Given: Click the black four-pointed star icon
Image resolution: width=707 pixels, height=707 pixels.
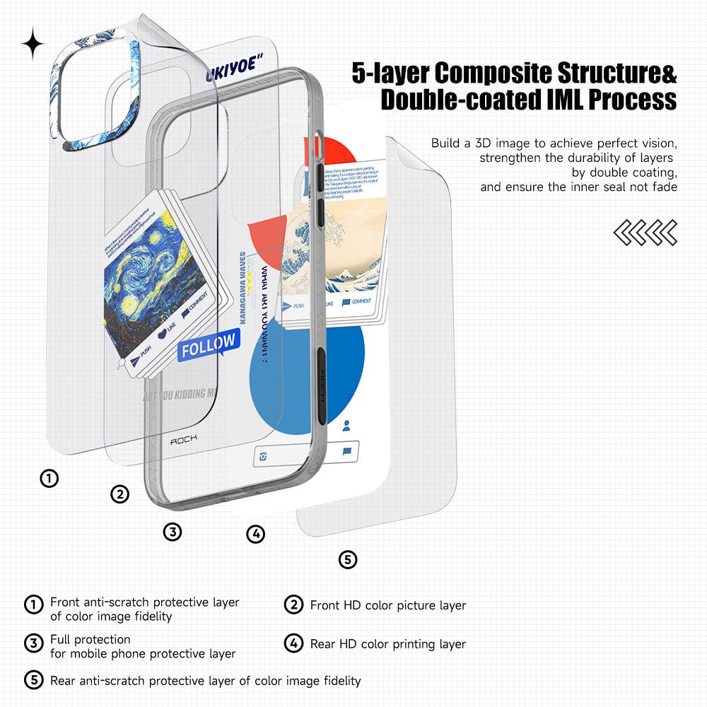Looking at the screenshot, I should (33, 45).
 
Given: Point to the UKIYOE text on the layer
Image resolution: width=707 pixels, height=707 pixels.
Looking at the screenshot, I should (230, 70).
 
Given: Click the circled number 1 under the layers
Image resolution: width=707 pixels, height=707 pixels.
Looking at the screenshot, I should (49, 479).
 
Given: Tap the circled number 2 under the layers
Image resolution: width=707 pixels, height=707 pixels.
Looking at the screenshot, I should (120, 494).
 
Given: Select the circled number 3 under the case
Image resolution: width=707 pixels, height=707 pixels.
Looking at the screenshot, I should (173, 532).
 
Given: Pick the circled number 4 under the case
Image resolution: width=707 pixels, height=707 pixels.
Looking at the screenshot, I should (255, 534).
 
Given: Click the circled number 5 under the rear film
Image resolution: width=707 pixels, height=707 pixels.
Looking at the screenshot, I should (347, 560).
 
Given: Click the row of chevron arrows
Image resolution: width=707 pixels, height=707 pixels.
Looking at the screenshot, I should (645, 233).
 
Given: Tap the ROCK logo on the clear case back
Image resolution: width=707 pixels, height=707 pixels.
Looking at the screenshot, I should (184, 440).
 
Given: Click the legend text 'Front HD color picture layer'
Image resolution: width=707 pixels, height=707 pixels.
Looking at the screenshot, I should (388, 606).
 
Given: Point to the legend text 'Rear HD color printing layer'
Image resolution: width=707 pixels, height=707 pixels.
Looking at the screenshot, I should (388, 644).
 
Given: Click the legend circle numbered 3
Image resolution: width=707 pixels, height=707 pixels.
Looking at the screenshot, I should (33, 643).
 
